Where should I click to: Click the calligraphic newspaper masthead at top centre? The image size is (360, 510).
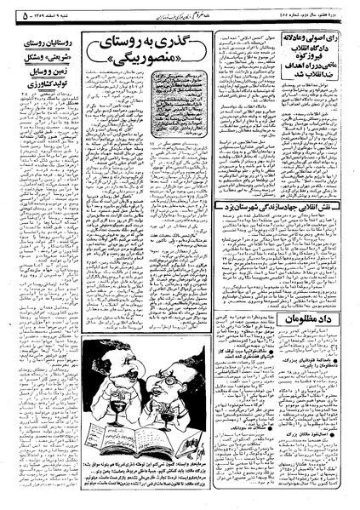[170, 13]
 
